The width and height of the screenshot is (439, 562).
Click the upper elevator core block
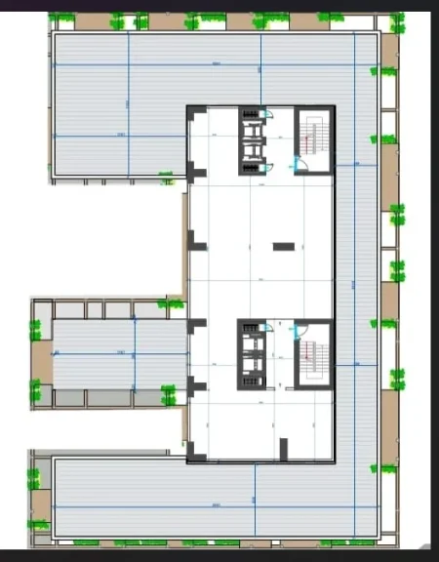[253, 140]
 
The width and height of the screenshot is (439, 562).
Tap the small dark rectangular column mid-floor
[284, 246]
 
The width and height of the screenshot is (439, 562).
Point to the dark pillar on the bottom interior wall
[284, 448]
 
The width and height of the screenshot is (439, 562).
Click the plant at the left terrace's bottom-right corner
[168, 396]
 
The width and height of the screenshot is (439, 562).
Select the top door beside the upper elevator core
[269, 115]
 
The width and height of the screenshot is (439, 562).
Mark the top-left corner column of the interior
[192, 115]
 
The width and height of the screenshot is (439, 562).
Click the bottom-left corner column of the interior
[193, 451]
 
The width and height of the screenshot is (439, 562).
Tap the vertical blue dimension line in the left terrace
[134, 353]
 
